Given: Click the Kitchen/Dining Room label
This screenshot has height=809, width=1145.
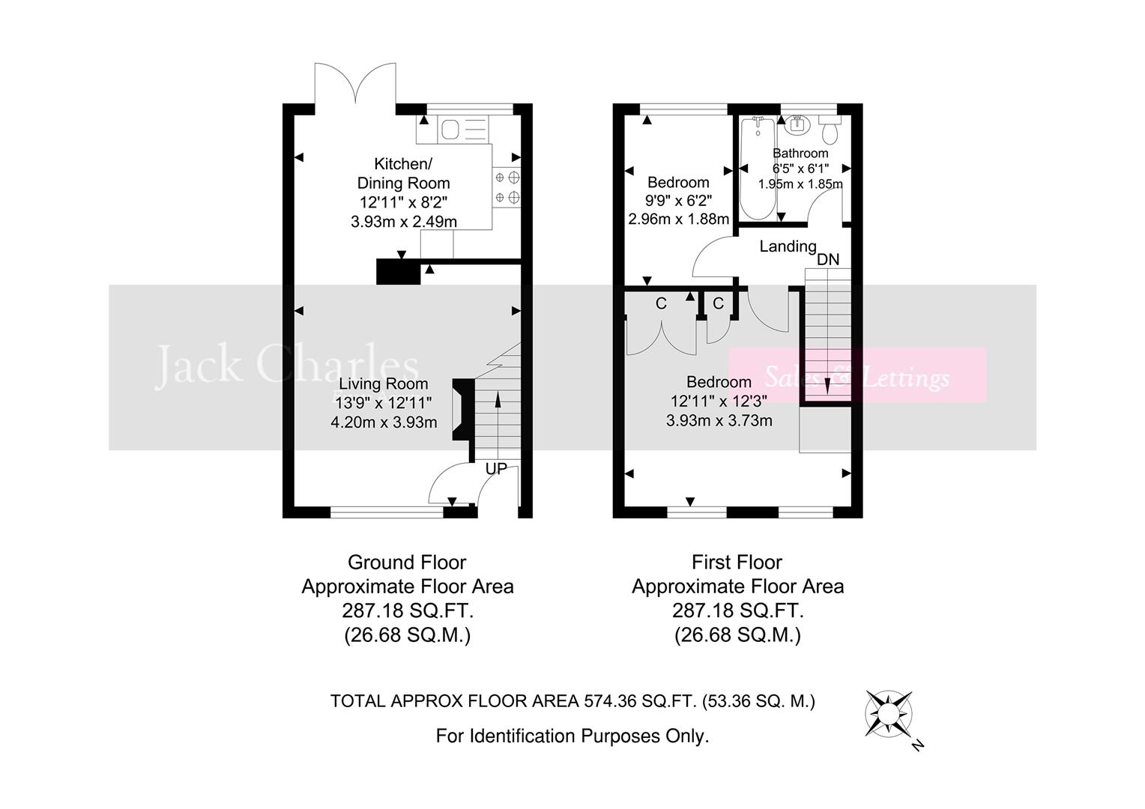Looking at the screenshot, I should [x=403, y=173].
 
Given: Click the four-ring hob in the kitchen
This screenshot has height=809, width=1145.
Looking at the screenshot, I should [x=507, y=188].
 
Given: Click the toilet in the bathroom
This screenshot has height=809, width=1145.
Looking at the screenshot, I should [x=830, y=131].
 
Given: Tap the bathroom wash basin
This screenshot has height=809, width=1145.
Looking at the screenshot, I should [x=796, y=124].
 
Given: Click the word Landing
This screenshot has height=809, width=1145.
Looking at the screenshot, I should [x=788, y=246].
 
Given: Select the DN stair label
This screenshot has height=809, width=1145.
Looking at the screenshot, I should [x=828, y=260].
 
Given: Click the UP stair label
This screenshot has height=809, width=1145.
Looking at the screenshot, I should [x=496, y=469].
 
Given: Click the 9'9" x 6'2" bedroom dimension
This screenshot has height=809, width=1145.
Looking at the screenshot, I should [x=678, y=201].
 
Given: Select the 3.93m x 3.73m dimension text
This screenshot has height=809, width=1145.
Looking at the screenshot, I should [x=719, y=421].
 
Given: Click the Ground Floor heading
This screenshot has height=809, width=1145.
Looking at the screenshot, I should [x=407, y=562].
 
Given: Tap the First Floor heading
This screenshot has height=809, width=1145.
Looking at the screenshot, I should [x=737, y=562].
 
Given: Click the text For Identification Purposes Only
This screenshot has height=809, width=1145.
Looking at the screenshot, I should [x=572, y=736].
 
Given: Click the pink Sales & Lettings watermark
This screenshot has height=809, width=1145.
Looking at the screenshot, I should [x=857, y=376].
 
